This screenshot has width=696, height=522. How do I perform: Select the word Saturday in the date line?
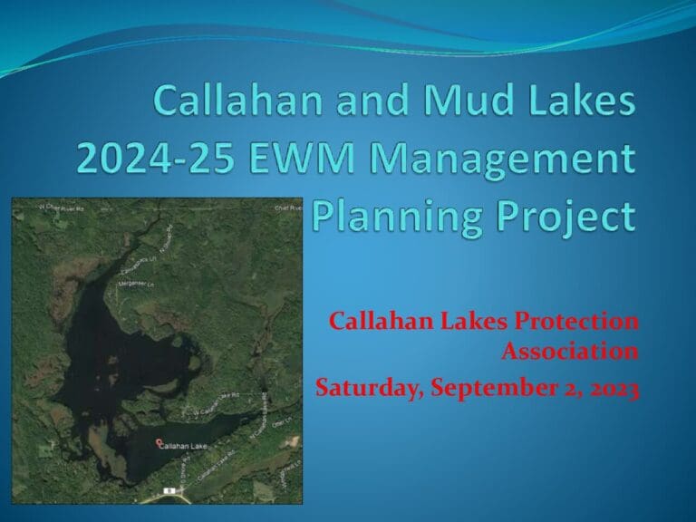362,389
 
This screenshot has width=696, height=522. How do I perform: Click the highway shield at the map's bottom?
169,490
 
